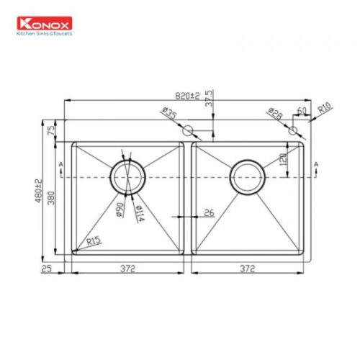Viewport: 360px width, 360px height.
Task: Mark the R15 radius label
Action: (x=92, y=243)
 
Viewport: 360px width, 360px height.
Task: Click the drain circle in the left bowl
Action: (x=127, y=176)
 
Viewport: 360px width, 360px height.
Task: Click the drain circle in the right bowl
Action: (x=248, y=176)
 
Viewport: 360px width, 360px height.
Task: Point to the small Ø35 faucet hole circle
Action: (x=189, y=130)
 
